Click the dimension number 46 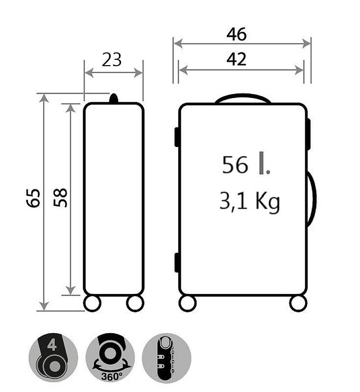237,34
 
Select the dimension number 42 237,59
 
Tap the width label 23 111,60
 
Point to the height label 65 33,198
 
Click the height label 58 60,198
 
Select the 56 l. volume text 246,164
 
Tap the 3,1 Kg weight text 249,201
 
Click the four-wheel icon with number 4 53,357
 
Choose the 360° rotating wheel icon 110,357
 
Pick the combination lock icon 167,357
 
